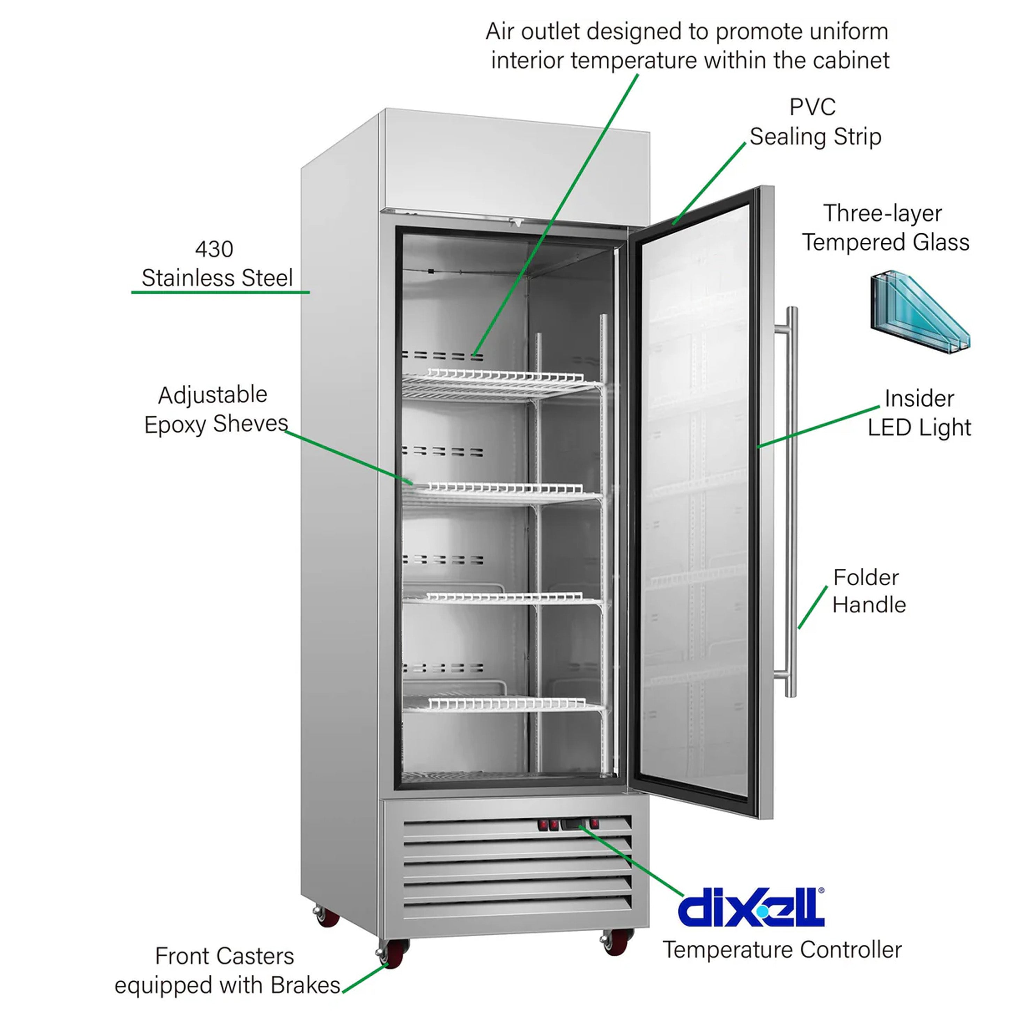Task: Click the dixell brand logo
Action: click(750, 907)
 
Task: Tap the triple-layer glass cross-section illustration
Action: click(919, 311)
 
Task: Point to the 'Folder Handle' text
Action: click(869, 591)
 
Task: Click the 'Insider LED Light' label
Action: click(919, 413)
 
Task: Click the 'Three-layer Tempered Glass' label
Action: click(885, 228)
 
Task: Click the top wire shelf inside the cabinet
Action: click(501, 381)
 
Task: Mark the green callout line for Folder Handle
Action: click(812, 607)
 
